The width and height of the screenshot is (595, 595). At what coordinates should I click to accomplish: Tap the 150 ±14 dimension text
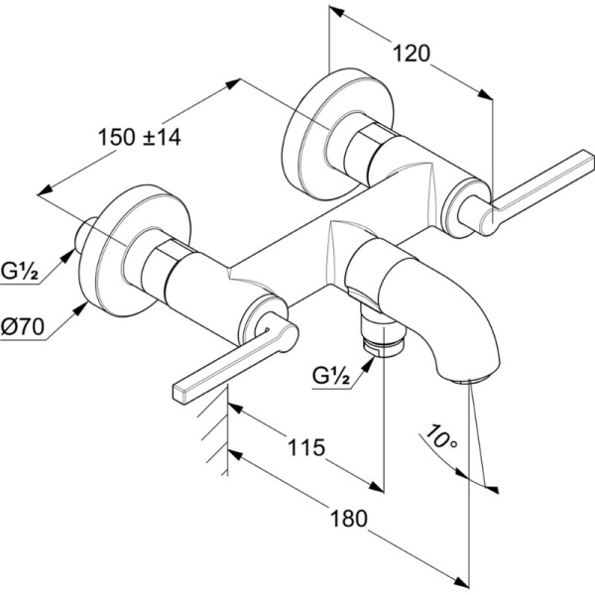pyautogui.click(x=140, y=138)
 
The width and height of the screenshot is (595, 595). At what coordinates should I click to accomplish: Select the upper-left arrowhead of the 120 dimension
pyautogui.click(x=335, y=13)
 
